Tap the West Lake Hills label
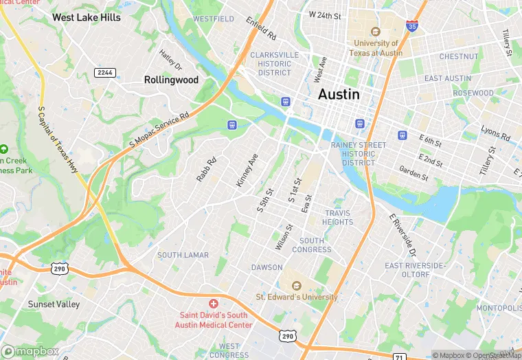86,17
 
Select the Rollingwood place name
171,80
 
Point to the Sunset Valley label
54,304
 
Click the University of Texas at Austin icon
375,32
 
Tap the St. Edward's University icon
296,285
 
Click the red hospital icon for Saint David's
214,303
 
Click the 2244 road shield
105,72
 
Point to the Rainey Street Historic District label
358,154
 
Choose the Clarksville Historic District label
274,63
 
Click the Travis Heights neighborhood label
338,217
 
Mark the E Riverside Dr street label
402,234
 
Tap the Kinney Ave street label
247,170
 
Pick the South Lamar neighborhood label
183,255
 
